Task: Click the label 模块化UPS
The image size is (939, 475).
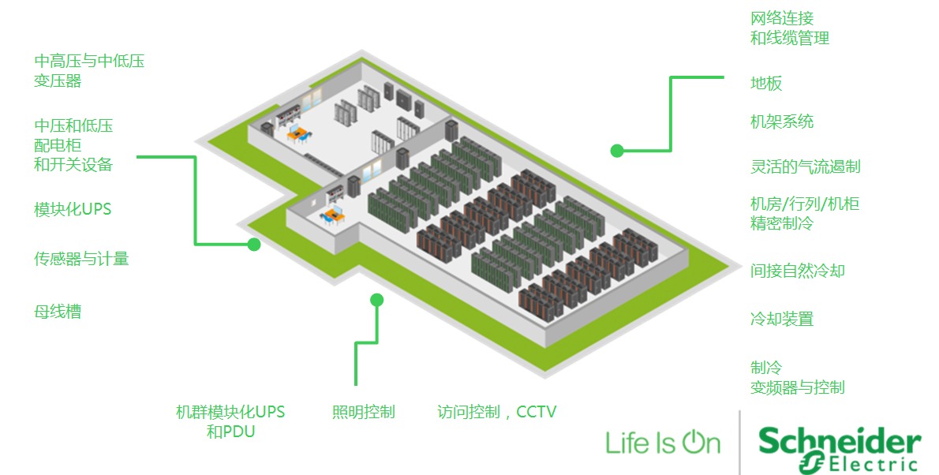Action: coord(73,210)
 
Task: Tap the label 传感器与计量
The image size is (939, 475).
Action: coord(81,259)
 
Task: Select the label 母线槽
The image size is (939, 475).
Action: coord(58,312)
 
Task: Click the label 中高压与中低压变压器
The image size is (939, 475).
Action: coord(89,71)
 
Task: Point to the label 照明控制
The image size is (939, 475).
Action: coord(363,412)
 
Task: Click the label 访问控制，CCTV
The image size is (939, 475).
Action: coord(497,412)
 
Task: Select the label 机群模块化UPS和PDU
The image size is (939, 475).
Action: coord(230,421)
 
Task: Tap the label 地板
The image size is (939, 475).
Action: coord(766,84)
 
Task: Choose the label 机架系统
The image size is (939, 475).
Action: coord(782,122)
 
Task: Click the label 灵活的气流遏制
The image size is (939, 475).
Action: coord(805,166)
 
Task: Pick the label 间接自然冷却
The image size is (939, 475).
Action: coord(798,271)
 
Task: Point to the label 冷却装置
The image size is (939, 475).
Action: coord(782,320)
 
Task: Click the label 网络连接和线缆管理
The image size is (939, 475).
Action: coord(789,28)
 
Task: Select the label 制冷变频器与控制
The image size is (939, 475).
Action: coord(797,377)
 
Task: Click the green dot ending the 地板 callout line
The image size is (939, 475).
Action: coord(617,150)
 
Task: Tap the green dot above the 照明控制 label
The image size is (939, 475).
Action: coord(377,300)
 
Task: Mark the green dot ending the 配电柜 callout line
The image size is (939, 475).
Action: coord(254,245)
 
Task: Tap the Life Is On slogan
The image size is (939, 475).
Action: coord(663,443)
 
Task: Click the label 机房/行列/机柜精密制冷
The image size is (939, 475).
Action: coord(805,214)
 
